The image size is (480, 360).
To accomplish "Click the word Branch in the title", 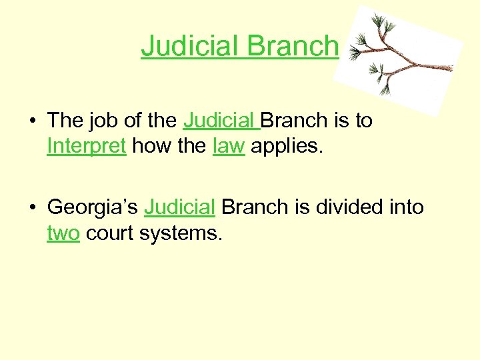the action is (x=293, y=46).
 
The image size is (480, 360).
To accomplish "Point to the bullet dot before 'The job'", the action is (x=31, y=121).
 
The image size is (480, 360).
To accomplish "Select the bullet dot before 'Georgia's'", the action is (x=31, y=208).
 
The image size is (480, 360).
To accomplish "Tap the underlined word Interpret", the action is (x=87, y=146).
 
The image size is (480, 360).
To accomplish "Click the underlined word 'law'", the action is (x=229, y=146).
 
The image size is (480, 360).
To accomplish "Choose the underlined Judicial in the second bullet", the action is (x=179, y=208).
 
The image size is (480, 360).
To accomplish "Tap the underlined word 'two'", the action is (x=63, y=233).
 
